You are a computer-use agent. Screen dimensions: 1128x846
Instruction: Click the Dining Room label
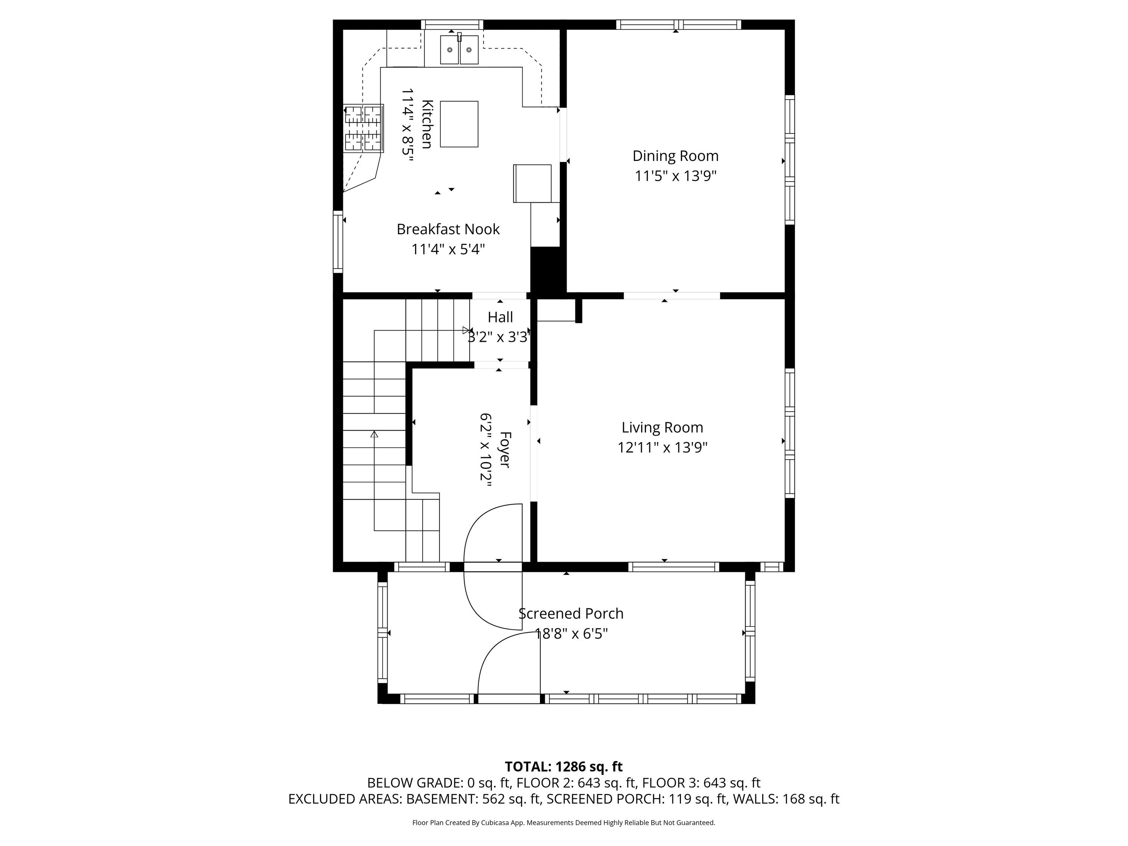tap(675, 156)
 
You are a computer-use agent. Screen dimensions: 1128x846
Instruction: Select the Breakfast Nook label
tap(448, 229)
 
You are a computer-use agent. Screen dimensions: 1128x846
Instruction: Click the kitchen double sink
tap(459, 50)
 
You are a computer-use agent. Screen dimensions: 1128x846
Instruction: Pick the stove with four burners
tap(364, 128)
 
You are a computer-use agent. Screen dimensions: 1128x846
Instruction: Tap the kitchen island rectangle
tap(459, 124)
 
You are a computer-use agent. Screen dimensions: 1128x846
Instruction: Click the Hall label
tap(500, 317)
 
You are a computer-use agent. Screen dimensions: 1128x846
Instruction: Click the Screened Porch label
tap(571, 614)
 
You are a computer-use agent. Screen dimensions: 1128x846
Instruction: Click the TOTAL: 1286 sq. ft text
tap(564, 766)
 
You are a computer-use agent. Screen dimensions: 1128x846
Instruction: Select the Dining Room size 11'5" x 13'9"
tap(676, 176)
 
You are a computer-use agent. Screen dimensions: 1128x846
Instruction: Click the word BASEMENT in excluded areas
tap(442, 799)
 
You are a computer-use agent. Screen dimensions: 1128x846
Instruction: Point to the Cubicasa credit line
tap(564, 823)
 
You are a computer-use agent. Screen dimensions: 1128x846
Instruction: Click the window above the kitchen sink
tap(452, 24)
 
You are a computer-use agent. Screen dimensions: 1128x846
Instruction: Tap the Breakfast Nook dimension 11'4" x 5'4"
tap(448, 249)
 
